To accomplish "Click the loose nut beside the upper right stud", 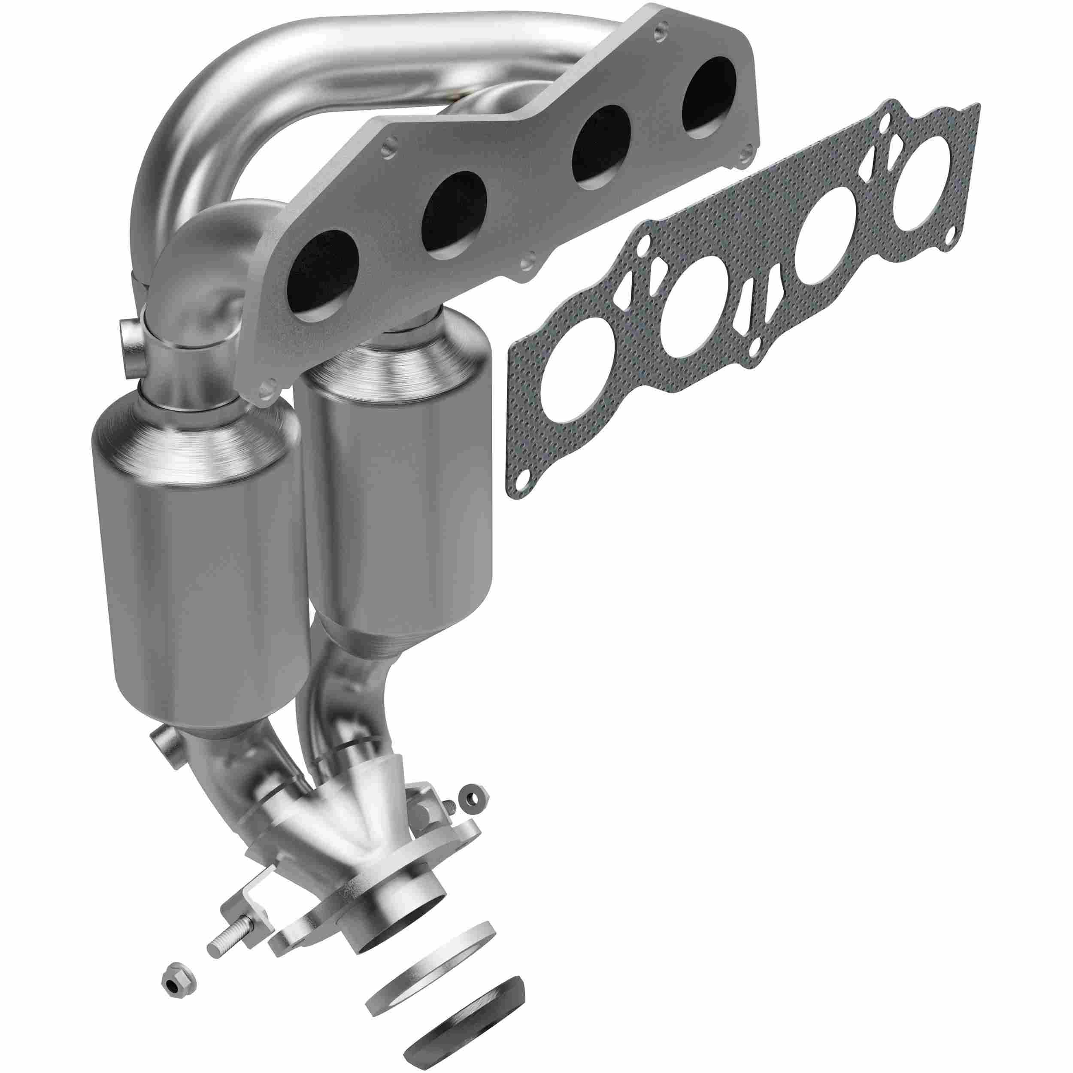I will tap(476, 815).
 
